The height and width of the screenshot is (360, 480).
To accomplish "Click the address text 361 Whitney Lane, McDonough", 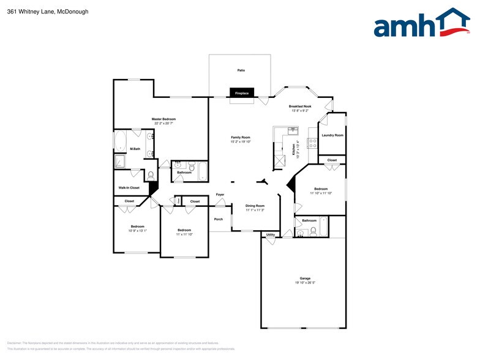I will pos(40,11).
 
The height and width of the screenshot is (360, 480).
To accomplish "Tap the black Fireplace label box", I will pos(242,93).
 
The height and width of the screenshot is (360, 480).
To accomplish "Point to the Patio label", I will pos(241,70).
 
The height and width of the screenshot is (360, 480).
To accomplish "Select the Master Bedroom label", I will pos(163,119).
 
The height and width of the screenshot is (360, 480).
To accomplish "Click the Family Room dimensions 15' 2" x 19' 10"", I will pos(241,141).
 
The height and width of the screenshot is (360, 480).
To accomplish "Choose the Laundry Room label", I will pos(331,135).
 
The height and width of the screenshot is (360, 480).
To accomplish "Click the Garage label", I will pos(305,278).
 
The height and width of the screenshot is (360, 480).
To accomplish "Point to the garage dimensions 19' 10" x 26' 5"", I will pos(305,283).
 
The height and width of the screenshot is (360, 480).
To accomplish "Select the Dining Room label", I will pos(255,206).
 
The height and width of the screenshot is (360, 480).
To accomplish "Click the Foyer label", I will pos(220,195).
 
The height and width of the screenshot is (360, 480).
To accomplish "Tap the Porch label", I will pos(219,219).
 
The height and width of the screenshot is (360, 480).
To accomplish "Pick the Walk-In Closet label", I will pos(129,187).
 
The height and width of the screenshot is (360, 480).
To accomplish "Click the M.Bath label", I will pos(135,149).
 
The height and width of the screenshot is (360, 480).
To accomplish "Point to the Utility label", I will pos(270,234).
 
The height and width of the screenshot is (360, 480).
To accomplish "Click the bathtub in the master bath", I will pos(120,141).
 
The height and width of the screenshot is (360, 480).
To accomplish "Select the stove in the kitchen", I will pos(312,144).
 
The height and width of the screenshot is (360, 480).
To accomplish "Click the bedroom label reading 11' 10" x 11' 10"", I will pos(321,193).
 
